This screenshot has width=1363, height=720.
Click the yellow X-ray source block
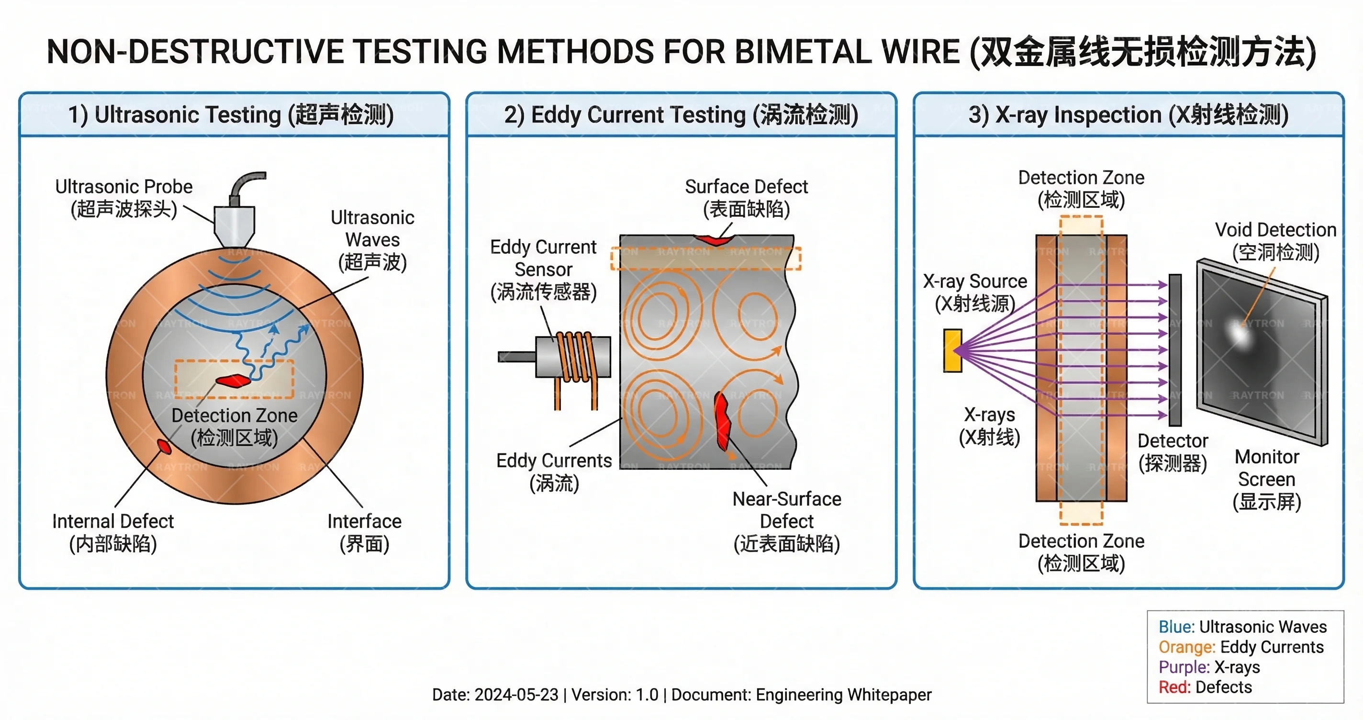[952, 350]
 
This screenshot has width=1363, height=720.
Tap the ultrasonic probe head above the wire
[235, 225]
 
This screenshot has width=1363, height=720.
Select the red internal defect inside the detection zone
[233, 380]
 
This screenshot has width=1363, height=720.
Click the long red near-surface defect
[722, 420]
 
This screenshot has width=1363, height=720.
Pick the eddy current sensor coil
[574, 357]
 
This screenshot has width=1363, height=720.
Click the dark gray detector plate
[1175, 350]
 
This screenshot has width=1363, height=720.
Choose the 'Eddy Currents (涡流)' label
[554, 472]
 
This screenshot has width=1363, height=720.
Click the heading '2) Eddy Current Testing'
[681, 115]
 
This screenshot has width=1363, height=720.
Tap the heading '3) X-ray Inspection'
[1128, 115]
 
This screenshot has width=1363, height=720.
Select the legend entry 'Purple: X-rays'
[1209, 667]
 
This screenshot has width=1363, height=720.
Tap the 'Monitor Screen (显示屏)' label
[1267, 479]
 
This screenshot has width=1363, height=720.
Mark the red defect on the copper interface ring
[164, 446]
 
